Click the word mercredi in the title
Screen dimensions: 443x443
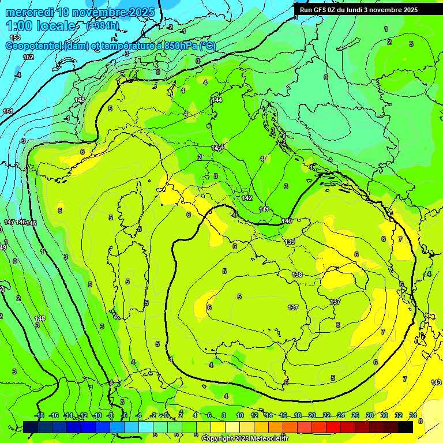[x=29, y=12]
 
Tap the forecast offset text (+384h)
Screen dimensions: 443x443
[x=102, y=26]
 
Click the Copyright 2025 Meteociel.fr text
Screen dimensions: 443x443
[x=249, y=438]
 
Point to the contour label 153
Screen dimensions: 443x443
[x=15, y=37]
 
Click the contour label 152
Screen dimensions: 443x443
[x=28, y=57]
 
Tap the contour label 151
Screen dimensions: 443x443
[x=7, y=111]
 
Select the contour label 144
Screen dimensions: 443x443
[x=217, y=100]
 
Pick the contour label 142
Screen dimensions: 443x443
[x=247, y=198]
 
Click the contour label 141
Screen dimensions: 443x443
[x=264, y=209]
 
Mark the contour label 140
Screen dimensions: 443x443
[x=287, y=221]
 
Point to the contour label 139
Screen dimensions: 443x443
[x=290, y=242]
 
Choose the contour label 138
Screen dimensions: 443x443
[x=297, y=275]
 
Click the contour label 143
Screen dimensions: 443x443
[x=436, y=382]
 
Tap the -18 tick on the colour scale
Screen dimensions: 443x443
[x=39, y=415]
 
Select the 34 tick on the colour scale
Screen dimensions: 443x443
[x=413, y=415]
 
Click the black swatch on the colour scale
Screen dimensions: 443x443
[x=406, y=427]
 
